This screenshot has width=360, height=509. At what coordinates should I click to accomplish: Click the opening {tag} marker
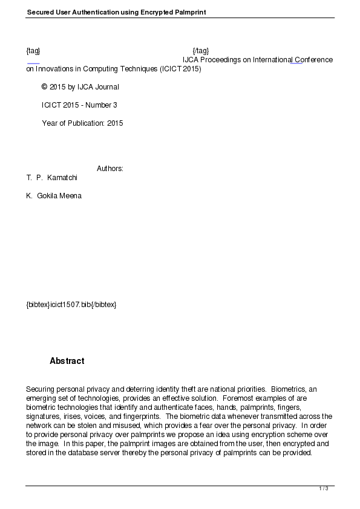point(33,50)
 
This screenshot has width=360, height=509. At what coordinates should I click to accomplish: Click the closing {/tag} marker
point(200,50)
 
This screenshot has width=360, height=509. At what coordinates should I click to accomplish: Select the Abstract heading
point(67,361)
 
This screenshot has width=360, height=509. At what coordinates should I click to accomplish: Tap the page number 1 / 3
point(324,488)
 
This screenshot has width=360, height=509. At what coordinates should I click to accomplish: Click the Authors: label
point(110,169)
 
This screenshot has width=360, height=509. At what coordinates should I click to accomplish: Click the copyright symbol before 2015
point(44,87)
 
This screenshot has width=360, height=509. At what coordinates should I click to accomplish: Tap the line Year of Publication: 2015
point(82,123)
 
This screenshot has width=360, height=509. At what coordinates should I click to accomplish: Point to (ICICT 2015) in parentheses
point(180,69)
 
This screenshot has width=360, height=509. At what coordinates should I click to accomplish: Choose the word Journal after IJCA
point(106,87)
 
